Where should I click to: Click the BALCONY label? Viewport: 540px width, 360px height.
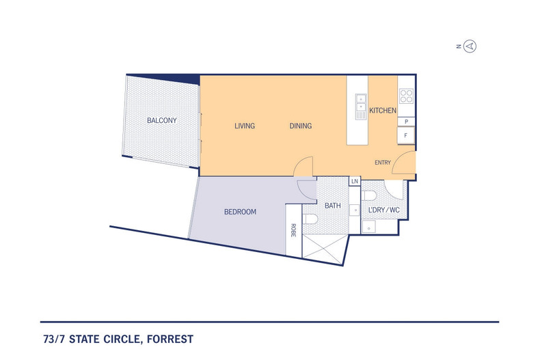coord(162,121)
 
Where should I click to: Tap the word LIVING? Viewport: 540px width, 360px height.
coord(245,126)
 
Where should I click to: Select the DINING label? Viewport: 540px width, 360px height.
coord(301,126)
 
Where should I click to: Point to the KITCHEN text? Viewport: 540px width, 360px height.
coord(383,111)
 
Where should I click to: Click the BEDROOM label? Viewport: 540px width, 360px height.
coord(240,212)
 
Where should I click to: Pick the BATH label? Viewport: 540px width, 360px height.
coord(333,206)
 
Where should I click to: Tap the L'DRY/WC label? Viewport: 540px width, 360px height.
coord(384,209)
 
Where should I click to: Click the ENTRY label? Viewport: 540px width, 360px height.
coord(383,163)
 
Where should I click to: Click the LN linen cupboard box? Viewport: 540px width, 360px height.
coord(354,182)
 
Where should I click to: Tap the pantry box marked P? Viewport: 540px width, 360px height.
coord(407,122)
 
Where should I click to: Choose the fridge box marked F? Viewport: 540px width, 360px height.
coord(407,135)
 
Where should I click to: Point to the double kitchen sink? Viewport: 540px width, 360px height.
coord(360,105)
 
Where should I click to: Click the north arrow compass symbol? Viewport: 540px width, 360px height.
coord(470,46)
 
